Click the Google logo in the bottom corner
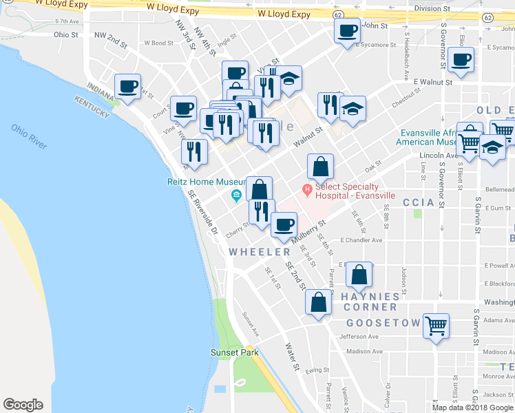(23, 405)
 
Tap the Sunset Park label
(234, 353)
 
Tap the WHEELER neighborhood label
(260, 253)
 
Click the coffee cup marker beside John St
(347, 30)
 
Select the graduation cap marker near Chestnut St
(353, 109)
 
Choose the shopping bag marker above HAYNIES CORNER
(359, 275)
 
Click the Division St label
(432, 8)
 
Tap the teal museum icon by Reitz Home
(236, 195)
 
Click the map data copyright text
(472, 407)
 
